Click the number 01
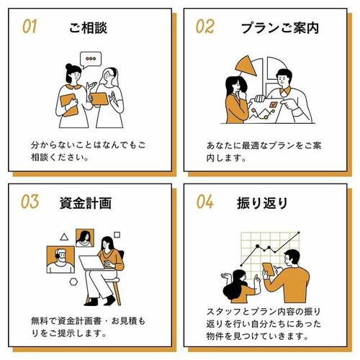tap(30, 27)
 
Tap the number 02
tap(204, 27)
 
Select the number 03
tap(30, 202)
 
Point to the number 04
tap(204, 202)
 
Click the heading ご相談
tap(88, 28)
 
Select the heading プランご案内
tap(280, 28)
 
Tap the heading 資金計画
tap(86, 203)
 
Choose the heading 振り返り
tap(262, 203)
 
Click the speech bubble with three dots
tap(91, 60)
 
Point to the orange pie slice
tap(246, 66)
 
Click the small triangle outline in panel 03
tap(64, 237)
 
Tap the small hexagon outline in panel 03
tap(73, 282)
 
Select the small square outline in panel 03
tap(117, 235)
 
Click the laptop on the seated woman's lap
tap(92, 263)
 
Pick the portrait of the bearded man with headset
tap(60, 260)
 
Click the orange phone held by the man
tap(269, 269)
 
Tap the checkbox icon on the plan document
tap(273, 104)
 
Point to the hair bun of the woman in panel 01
tap(68, 66)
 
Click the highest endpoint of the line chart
tap(299, 233)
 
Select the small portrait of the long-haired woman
tap(85, 238)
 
